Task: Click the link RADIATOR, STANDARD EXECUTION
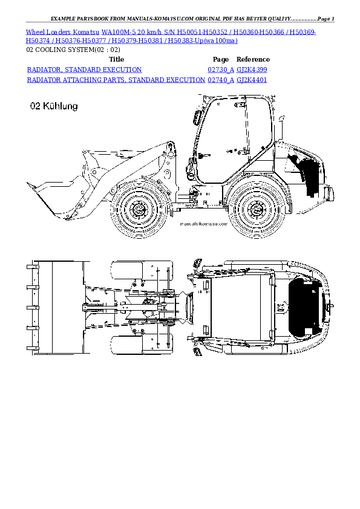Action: pyautogui.click(x=85, y=70)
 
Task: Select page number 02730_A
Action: pyautogui.click(x=220, y=70)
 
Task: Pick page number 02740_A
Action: pyautogui.click(x=220, y=80)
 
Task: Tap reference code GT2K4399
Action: pyautogui.click(x=252, y=70)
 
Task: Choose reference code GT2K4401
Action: pyautogui.click(x=252, y=80)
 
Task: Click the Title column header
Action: pyautogui.click(x=116, y=60)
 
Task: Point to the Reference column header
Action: pyautogui.click(x=253, y=60)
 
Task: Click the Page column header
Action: pyautogui.click(x=221, y=60)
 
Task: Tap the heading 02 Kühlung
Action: pyautogui.click(x=54, y=106)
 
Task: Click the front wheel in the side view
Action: pyautogui.click(x=139, y=210)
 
